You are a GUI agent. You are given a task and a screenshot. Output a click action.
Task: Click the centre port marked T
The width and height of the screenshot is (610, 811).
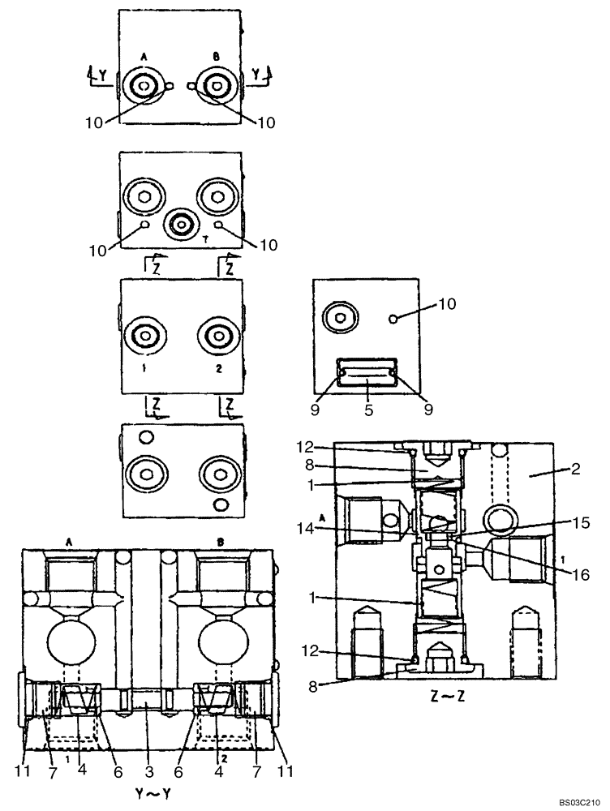pyautogui.click(x=180, y=224)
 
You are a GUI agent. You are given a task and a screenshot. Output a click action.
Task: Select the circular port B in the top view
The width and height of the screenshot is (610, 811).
pyautogui.click(x=215, y=86)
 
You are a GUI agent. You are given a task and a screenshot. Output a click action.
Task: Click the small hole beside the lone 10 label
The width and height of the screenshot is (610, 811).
pyautogui.click(x=392, y=320)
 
